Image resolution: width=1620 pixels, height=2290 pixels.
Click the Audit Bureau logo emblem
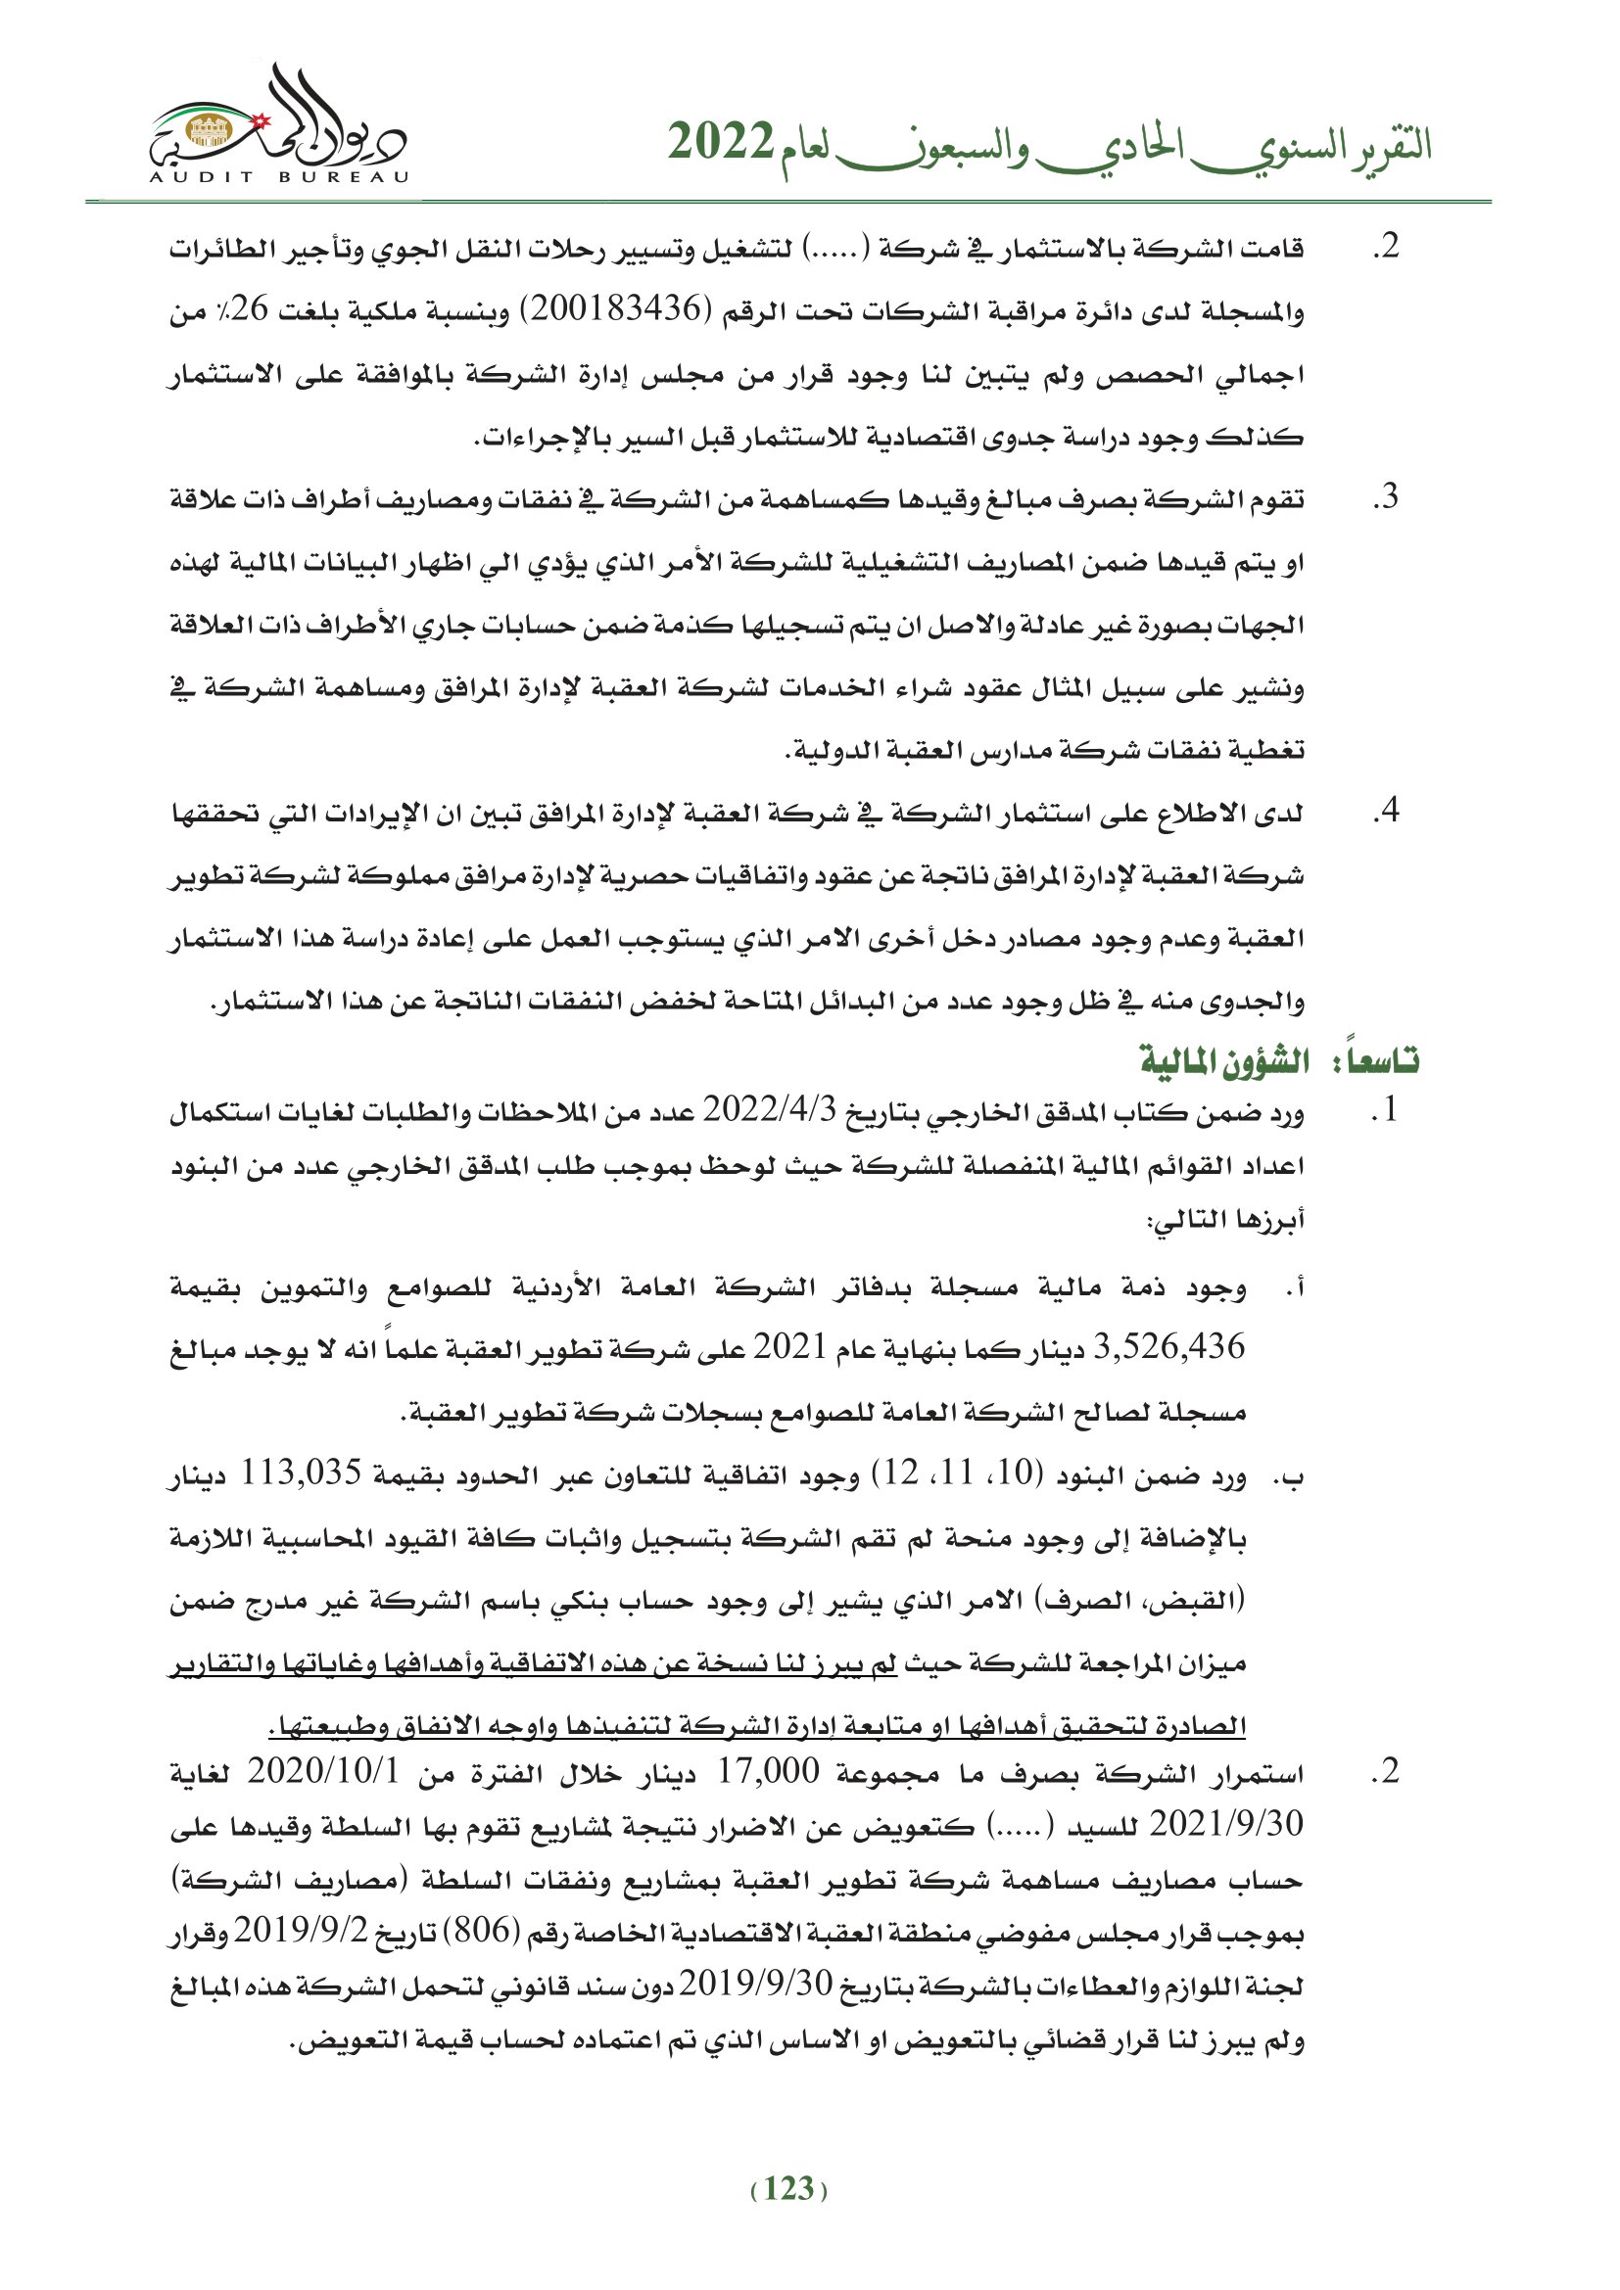[278, 124]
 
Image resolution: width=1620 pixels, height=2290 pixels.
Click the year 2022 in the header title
[720, 143]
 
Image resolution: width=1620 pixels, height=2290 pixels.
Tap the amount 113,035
[304, 1475]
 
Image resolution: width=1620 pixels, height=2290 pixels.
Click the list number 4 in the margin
[1386, 811]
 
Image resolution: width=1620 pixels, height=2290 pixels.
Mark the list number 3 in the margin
[1386, 497]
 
